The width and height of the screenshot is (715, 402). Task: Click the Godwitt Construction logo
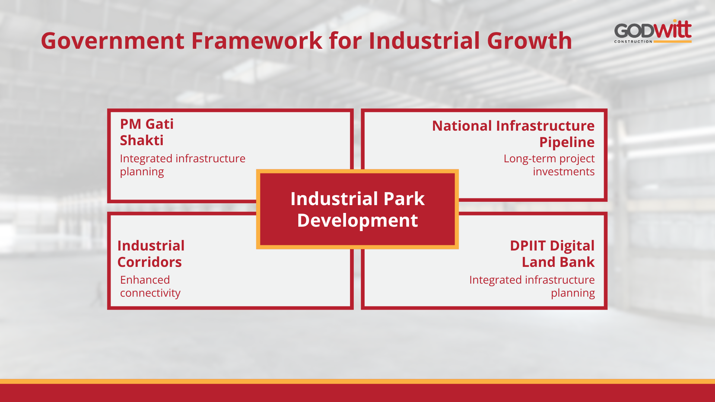tap(653, 31)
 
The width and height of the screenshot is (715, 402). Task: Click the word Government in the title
tap(112, 41)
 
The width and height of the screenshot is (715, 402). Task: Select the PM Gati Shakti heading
tap(147, 132)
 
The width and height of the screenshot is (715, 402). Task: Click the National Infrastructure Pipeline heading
tap(513, 134)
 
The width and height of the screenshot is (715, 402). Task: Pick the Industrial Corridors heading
tap(151, 254)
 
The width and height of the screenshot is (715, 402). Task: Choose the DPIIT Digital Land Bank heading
tap(552, 254)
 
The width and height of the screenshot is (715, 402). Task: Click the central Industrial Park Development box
tap(357, 209)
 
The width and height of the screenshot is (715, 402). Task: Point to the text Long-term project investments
tap(549, 165)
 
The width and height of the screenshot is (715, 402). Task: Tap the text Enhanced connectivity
tap(150, 286)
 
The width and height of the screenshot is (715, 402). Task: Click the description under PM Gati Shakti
tap(182, 165)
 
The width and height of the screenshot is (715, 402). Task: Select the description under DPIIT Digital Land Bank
tap(532, 286)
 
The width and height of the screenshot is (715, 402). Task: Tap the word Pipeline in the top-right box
tap(567, 143)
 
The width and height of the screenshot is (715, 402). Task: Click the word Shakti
tap(142, 140)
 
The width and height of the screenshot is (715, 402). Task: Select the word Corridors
tap(149, 262)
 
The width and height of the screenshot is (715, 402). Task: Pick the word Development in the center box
tap(357, 220)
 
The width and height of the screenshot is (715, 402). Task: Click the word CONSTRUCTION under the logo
tap(633, 42)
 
